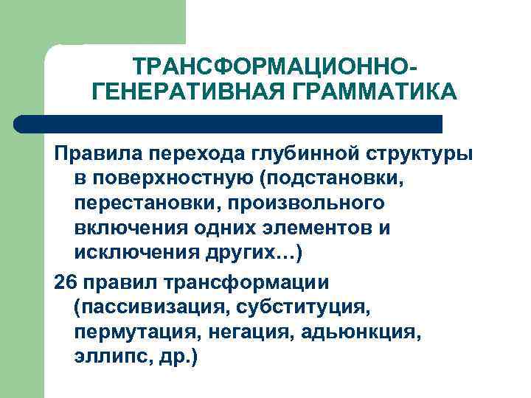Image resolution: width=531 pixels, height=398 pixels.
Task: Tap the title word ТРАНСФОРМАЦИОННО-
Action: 274,68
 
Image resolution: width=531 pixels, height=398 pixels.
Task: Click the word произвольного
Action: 304,202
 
